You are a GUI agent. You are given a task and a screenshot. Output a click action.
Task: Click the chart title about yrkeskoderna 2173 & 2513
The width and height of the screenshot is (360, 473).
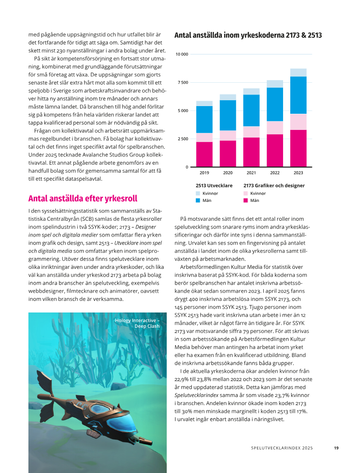coord(248,35)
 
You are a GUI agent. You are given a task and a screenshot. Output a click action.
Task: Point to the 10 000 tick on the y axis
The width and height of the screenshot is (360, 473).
coord(182,54)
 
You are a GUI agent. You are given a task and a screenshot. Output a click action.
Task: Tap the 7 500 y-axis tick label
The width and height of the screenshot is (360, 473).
coord(183,83)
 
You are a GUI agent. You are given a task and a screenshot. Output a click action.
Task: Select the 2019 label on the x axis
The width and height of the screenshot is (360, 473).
coord(204,173)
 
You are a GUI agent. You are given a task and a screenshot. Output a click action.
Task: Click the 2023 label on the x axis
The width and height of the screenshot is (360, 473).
coord(298,173)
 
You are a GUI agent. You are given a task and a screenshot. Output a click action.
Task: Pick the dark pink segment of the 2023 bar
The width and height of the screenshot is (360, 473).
coord(298,148)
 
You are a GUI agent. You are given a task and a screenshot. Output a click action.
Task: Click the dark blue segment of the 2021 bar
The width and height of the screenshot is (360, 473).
coord(251,110)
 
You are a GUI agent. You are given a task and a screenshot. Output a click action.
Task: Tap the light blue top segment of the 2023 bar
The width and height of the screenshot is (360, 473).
coord(298,72)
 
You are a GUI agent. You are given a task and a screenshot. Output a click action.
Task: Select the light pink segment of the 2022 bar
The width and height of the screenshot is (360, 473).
coord(274,128)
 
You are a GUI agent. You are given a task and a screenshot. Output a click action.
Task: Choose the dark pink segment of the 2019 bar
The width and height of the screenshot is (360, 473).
coord(204,154)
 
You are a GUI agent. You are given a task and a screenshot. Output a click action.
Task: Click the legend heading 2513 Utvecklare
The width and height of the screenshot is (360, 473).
coord(214,185)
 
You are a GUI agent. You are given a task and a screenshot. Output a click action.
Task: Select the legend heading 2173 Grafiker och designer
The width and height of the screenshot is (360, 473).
coord(274,185)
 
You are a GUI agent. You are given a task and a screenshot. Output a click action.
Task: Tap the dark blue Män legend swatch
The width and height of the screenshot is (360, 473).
coord(198,201)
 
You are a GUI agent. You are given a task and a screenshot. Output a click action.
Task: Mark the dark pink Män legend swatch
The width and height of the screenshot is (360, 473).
coord(246,201)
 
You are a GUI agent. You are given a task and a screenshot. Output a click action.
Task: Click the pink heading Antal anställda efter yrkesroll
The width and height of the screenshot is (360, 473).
coord(82,199)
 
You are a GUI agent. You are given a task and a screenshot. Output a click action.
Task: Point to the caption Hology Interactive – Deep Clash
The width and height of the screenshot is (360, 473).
coord(137,323)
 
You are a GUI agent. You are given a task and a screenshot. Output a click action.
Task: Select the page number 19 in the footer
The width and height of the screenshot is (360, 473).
coord(336,448)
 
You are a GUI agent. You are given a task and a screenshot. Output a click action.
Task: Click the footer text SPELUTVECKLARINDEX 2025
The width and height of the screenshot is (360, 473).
coord(282,448)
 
